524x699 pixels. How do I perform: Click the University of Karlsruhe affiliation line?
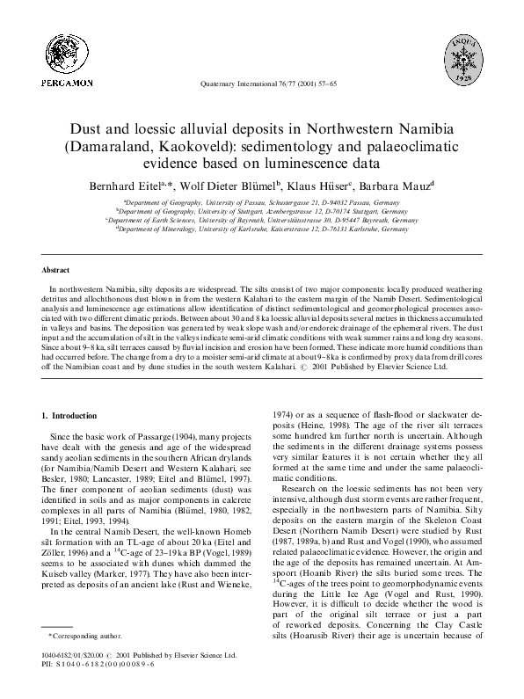[x=261, y=228]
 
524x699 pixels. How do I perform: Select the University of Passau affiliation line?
[x=261, y=201]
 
